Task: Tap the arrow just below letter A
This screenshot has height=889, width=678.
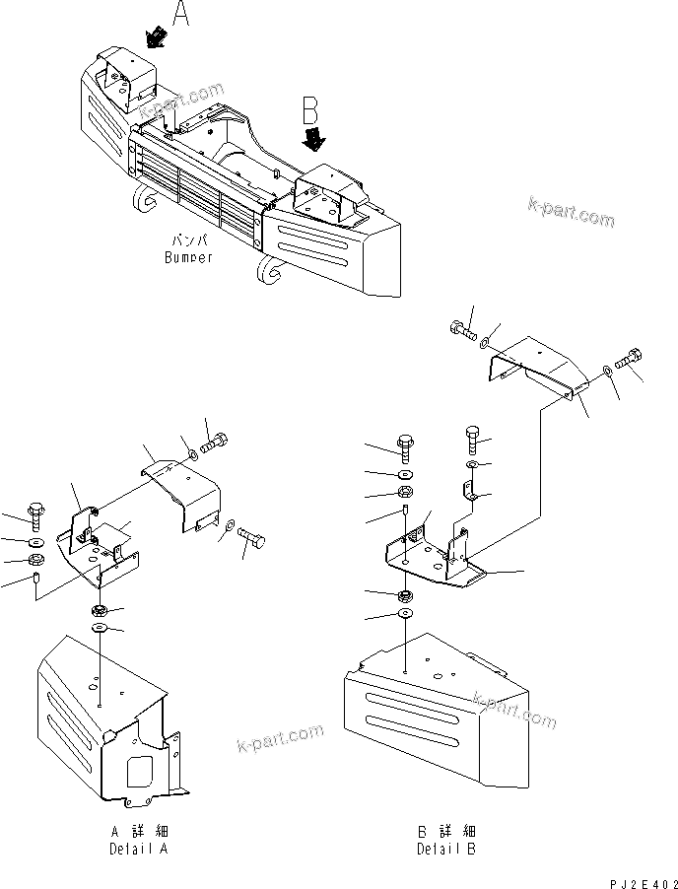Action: point(155,38)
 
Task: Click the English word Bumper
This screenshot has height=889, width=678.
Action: point(188,257)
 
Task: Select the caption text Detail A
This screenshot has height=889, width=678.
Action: point(148,849)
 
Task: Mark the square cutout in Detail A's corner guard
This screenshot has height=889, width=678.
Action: point(135,767)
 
